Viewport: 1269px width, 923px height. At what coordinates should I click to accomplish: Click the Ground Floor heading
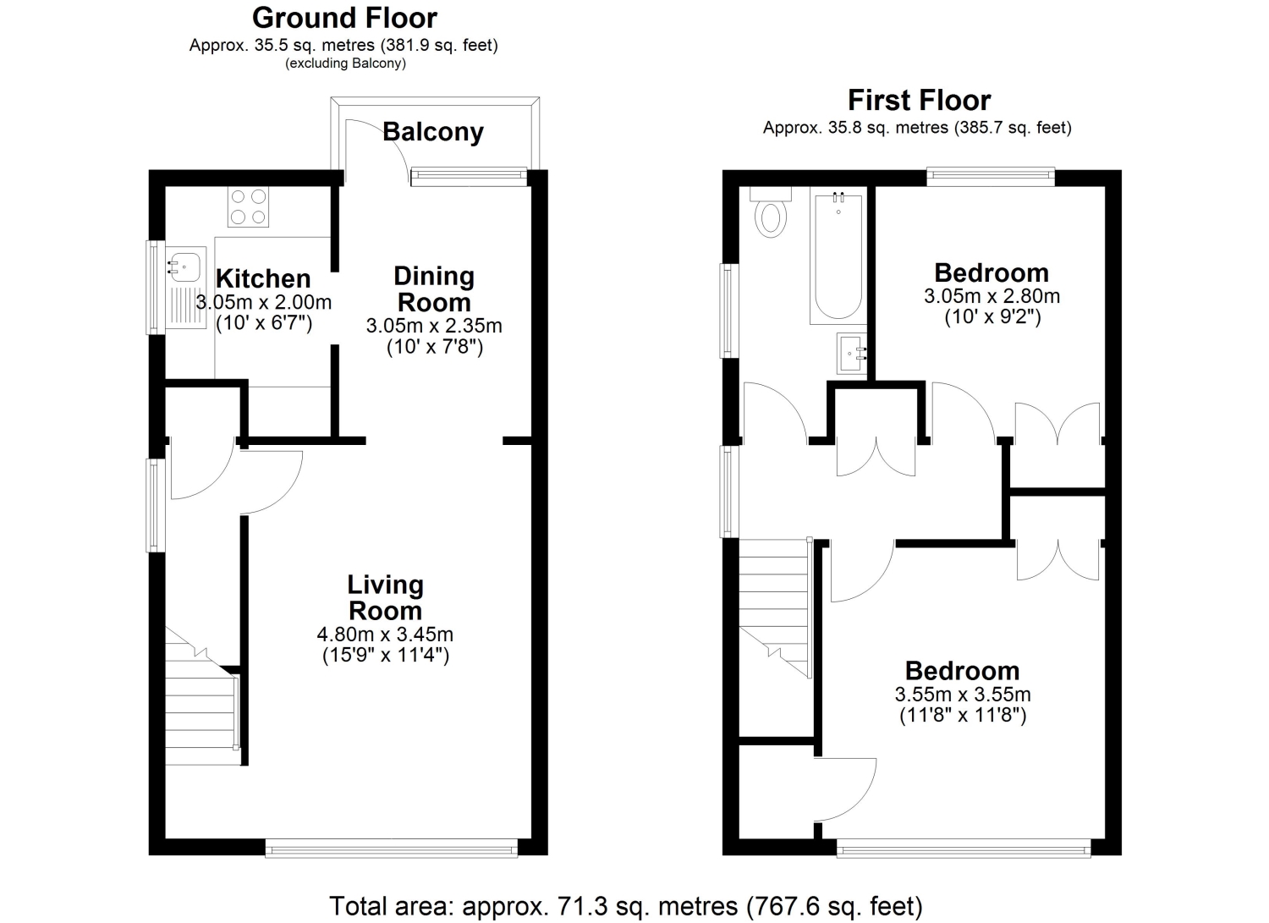coord(344,19)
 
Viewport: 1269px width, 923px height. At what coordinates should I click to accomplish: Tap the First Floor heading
coord(919,101)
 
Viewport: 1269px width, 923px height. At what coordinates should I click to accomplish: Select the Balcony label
coord(433,132)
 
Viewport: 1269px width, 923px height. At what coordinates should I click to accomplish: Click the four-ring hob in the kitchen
coord(248,206)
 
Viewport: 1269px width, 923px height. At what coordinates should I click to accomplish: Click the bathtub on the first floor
coord(838,255)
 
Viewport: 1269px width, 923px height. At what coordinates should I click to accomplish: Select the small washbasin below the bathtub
coord(852,354)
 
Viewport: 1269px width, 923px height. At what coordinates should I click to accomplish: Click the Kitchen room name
coord(263,279)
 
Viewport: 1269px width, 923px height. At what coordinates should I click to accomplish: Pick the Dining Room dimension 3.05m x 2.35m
coord(434,326)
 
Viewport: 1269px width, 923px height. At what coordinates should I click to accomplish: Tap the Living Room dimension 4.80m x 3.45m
coord(385,634)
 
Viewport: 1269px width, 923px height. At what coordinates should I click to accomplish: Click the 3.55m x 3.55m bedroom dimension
coord(963,694)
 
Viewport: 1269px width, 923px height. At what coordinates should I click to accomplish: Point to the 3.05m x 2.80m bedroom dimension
coord(992,296)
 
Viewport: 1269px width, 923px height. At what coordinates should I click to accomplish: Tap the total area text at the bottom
coord(626,906)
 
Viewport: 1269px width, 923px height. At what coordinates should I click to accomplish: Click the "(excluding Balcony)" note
coord(345,63)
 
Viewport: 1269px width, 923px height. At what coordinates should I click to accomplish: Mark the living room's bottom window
coord(392,850)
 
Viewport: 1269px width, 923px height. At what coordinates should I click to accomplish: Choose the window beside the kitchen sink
coord(155,288)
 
